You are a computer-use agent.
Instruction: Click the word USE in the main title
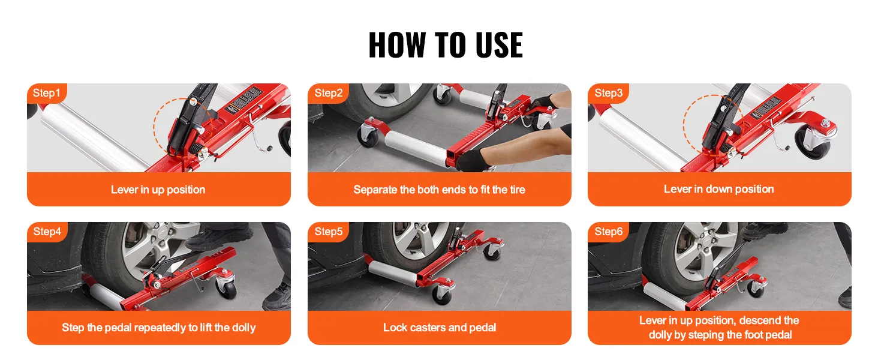click(499, 45)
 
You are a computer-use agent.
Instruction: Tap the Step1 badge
click(47, 94)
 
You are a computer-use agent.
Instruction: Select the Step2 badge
click(329, 94)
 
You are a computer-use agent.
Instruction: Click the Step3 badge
click(608, 94)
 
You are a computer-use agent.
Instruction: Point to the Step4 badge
click(47, 232)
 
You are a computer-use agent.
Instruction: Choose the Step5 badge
click(329, 232)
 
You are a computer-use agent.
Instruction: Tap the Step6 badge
click(608, 232)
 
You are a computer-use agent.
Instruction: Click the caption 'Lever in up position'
click(158, 190)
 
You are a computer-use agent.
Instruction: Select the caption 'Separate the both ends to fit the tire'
click(440, 190)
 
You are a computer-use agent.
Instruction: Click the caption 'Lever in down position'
click(719, 190)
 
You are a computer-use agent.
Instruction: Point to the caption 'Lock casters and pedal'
click(440, 328)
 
